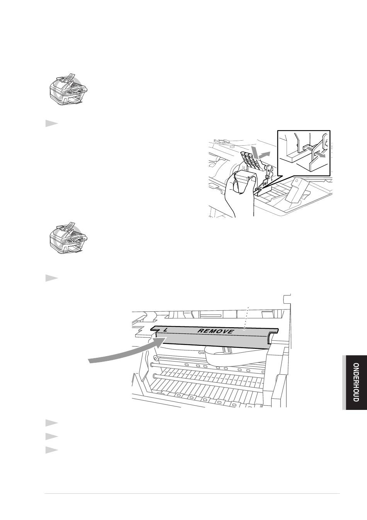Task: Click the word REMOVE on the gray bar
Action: pos(215,331)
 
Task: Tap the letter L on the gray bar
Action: pos(165,330)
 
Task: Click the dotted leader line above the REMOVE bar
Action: pos(246,318)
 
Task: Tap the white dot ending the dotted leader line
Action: pos(244,329)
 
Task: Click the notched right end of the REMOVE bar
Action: pos(273,335)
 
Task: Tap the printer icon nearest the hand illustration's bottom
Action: pos(68,238)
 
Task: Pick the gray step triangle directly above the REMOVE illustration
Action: pos(51,278)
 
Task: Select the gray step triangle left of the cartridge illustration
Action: pos(51,124)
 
